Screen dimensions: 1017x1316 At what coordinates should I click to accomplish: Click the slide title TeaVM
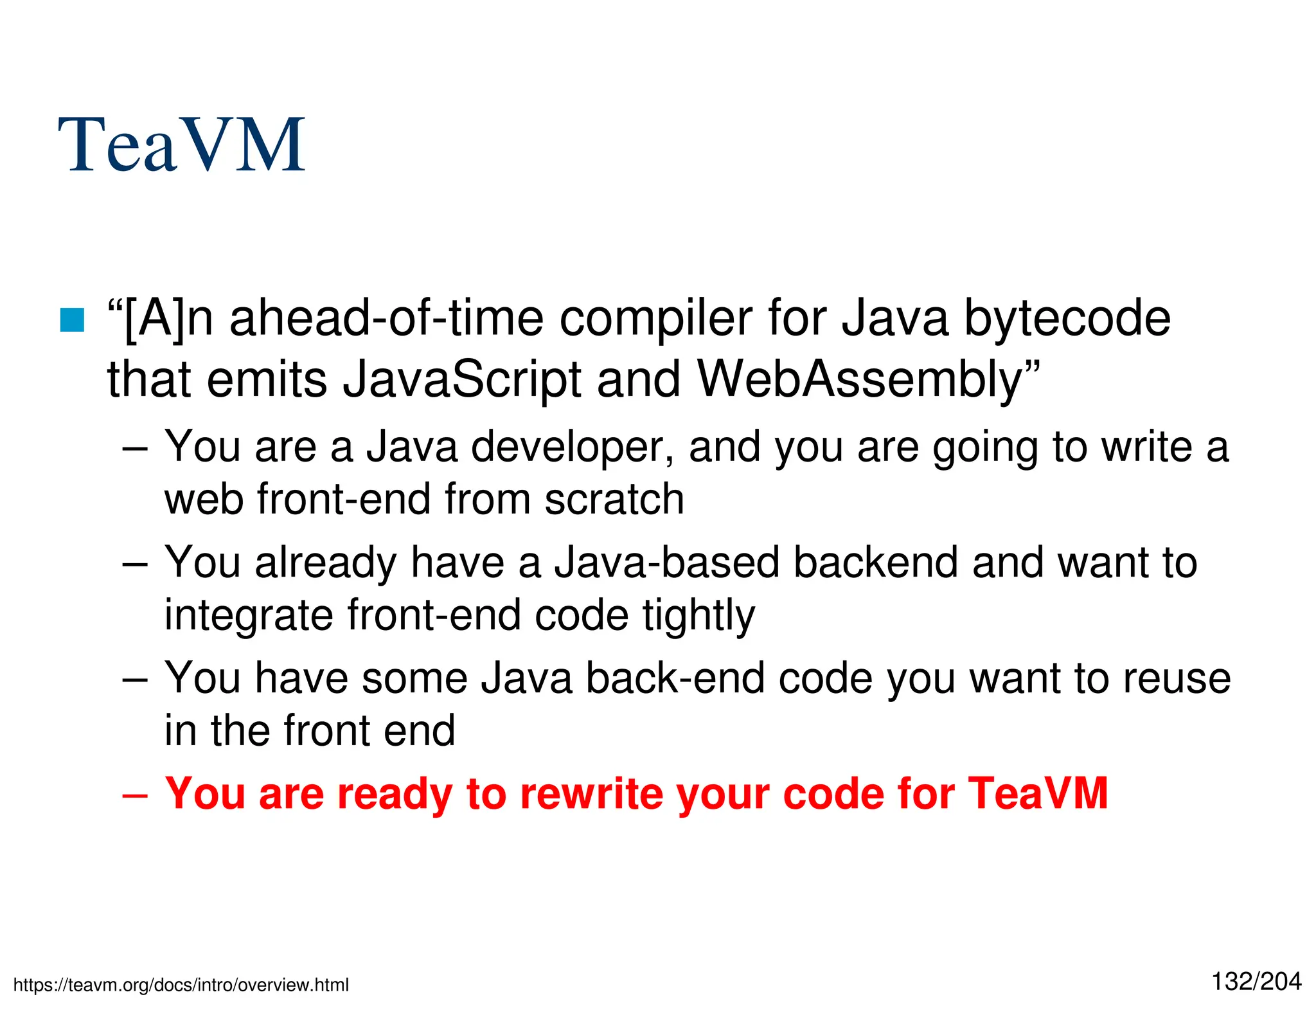click(181, 145)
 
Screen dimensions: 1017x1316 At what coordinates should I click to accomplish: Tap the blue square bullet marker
click(72, 319)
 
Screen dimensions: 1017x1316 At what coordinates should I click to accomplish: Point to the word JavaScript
click(461, 379)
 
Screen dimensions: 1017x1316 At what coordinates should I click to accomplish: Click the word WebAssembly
click(860, 379)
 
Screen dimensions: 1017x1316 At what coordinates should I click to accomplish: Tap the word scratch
click(614, 499)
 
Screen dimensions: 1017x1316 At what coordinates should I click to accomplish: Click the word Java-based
click(667, 562)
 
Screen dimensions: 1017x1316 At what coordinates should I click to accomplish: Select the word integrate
click(249, 615)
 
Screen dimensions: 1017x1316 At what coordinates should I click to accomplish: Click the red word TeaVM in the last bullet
click(1038, 793)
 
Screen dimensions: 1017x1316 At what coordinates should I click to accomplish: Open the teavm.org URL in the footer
click(181, 985)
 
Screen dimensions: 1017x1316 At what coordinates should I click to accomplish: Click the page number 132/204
click(1256, 982)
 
